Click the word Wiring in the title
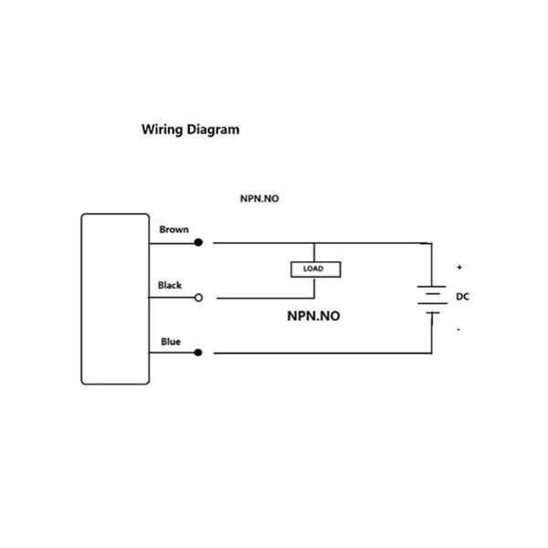click(162, 130)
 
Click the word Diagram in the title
click(213, 130)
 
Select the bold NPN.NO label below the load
click(314, 316)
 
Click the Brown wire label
click(174, 230)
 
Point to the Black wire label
click(170, 285)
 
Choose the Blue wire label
click(171, 342)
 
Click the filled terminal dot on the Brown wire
click(198, 243)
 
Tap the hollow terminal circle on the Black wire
click(198, 298)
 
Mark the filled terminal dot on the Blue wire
click(198, 353)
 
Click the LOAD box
click(314, 269)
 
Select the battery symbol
click(430, 299)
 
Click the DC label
click(461, 298)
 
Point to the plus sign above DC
click(459, 268)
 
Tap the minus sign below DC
click(458, 329)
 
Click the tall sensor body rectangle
click(115, 298)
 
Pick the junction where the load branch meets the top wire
click(314, 243)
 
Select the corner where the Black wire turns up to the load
click(314, 298)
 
